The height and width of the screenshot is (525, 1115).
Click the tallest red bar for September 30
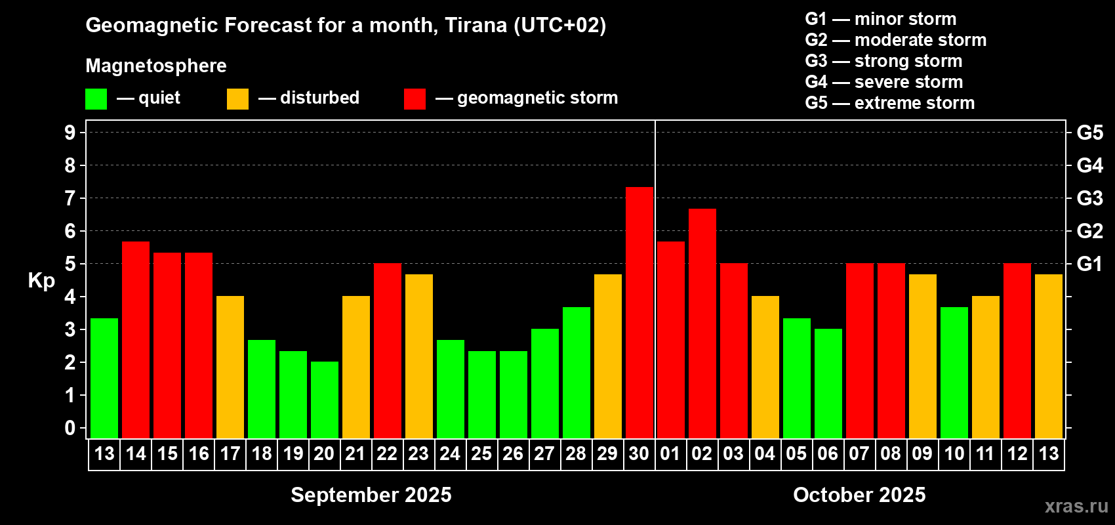tap(639, 312)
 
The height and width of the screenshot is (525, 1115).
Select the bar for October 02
tap(702, 324)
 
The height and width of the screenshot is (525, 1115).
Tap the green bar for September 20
tap(325, 400)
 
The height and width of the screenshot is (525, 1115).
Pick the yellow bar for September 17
tap(230, 367)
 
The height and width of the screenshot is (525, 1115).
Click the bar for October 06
tap(828, 383)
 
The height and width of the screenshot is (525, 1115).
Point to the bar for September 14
tap(136, 340)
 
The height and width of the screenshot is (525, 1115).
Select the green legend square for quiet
tap(96, 98)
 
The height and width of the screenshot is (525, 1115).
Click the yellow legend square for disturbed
tap(237, 98)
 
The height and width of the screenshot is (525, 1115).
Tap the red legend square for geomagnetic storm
tap(415, 98)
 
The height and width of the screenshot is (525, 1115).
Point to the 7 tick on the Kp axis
tap(70, 198)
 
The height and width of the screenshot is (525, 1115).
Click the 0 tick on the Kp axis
tap(70, 428)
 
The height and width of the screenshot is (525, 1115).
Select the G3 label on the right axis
tap(1090, 198)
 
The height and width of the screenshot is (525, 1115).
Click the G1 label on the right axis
tap(1090, 264)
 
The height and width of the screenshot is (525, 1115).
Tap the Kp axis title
tap(41, 280)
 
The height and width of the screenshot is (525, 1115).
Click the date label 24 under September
tap(450, 453)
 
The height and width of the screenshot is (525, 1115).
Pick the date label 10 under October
tap(954, 453)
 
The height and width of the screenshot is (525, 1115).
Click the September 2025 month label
tap(371, 495)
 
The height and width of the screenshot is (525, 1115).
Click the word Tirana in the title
tap(476, 26)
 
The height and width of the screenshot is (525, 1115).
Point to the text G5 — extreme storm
tap(890, 103)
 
